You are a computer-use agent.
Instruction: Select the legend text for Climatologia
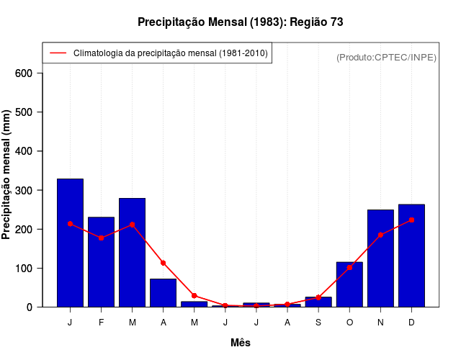(171, 53)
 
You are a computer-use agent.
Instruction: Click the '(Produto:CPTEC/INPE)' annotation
(386, 57)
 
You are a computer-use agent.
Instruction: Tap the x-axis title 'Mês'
(241, 343)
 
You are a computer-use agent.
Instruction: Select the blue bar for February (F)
(101, 262)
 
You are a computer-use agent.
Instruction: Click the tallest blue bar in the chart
(70, 243)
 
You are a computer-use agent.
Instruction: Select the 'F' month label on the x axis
(101, 323)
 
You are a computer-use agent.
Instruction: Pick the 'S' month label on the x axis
(318, 323)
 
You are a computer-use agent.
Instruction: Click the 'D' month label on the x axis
(411, 323)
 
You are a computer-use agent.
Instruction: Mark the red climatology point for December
(411, 220)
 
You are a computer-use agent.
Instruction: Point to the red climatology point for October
(349, 267)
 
